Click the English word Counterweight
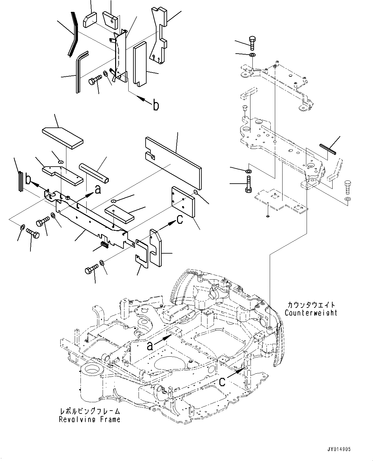(310, 312)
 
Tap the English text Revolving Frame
(89, 419)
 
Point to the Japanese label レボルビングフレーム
(90, 412)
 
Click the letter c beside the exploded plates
(180, 219)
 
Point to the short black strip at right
(327, 149)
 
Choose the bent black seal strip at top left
(73, 34)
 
